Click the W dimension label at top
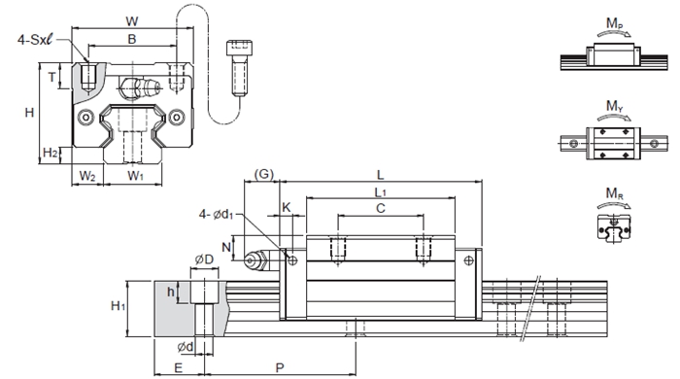tap(132, 21)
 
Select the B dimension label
tap(132, 39)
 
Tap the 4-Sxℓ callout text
tap(35, 40)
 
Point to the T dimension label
tap(52, 77)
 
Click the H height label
tap(29, 113)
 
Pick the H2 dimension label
tap(51, 154)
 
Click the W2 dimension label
tap(87, 176)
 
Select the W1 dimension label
tap(135, 176)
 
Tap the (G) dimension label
tap(263, 174)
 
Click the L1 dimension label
tap(381, 191)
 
